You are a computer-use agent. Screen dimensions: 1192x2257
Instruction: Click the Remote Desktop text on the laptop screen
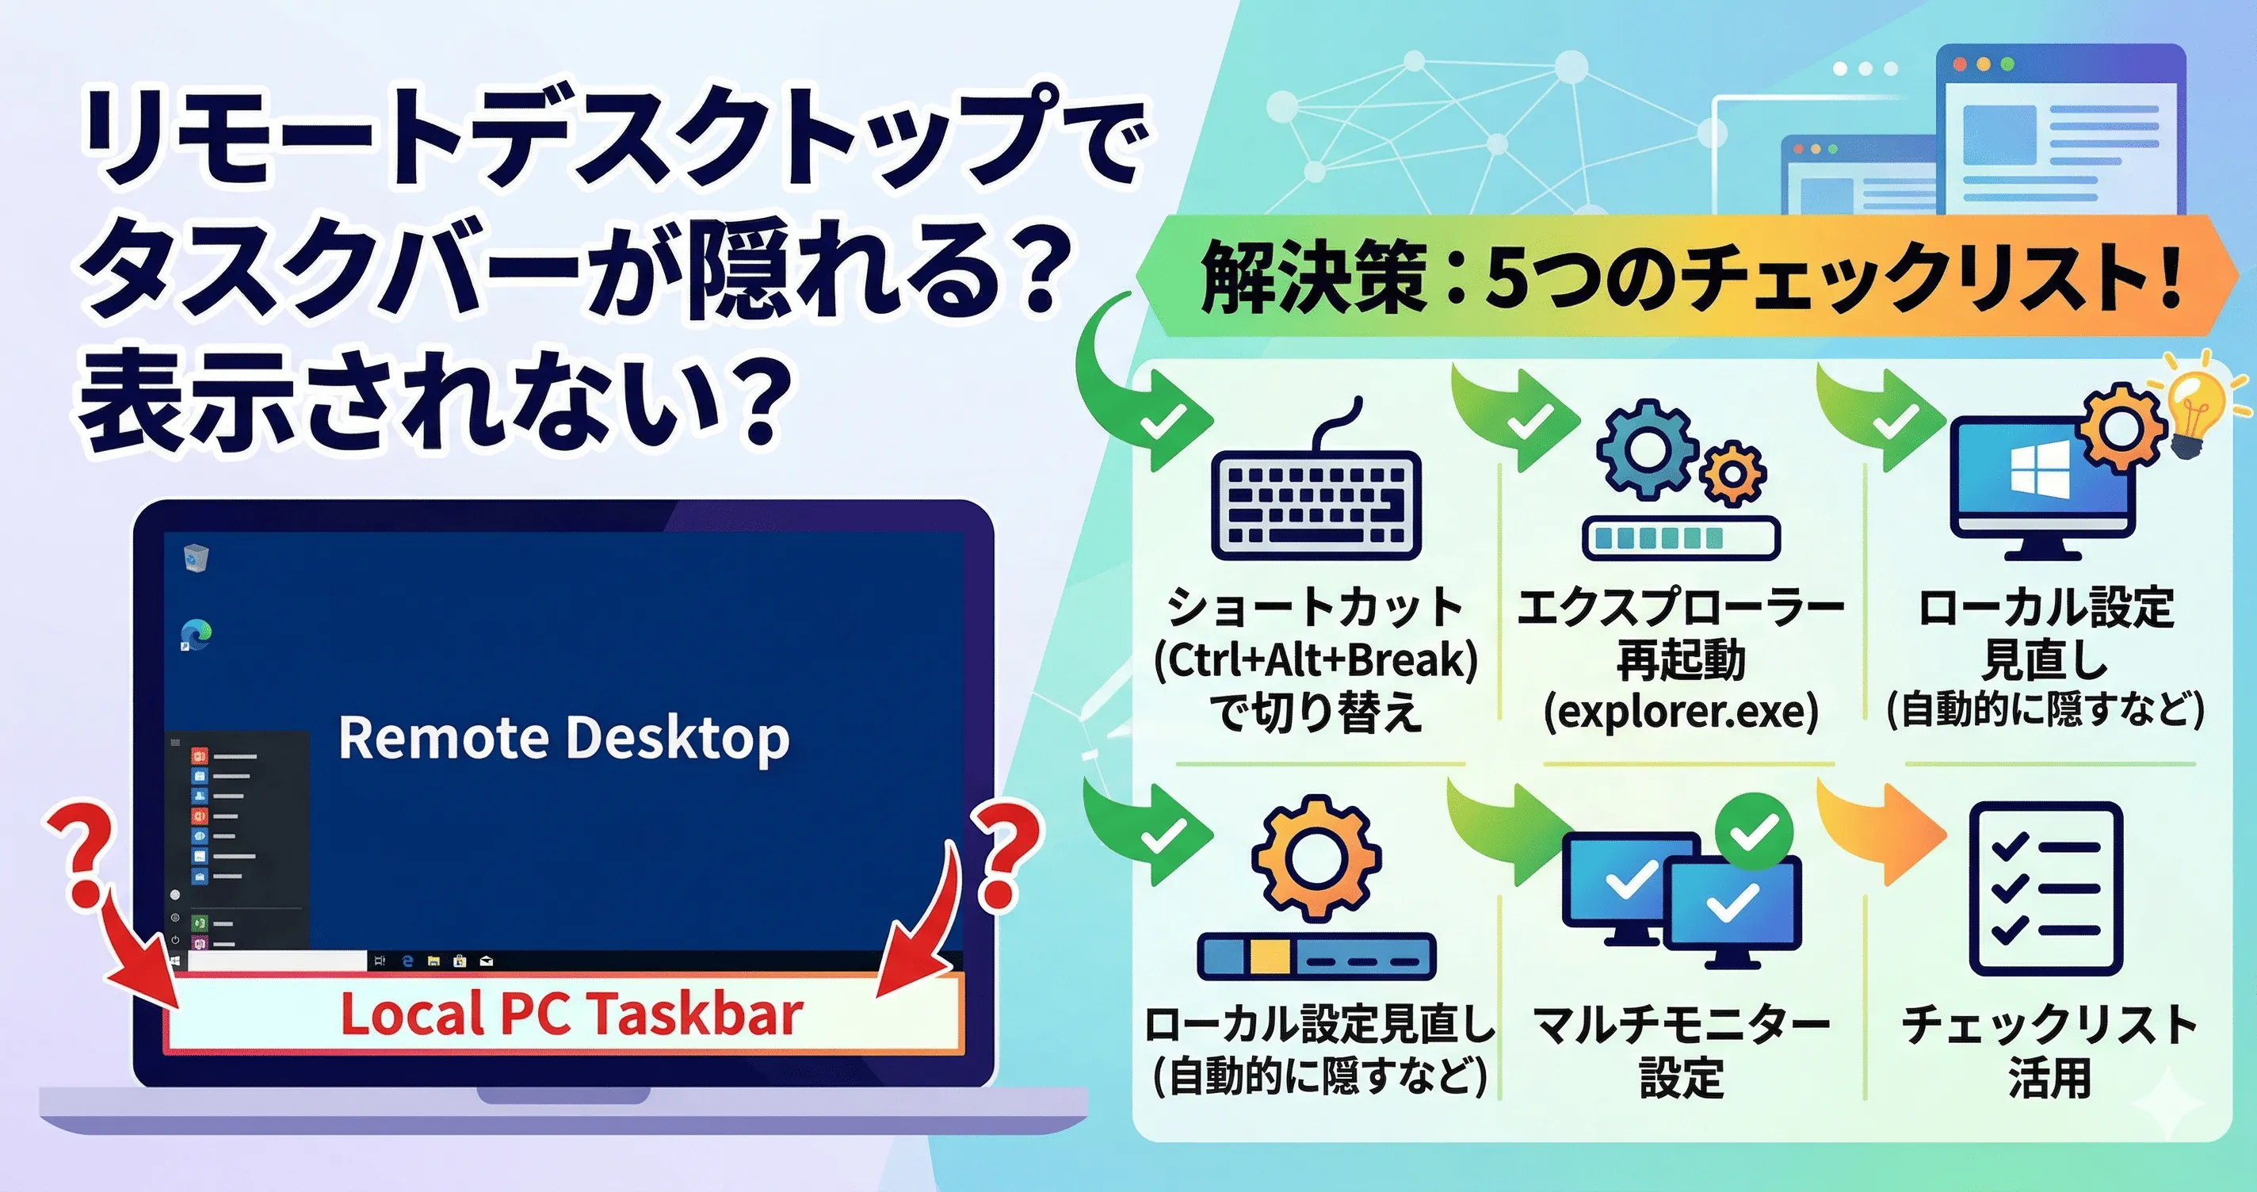563,738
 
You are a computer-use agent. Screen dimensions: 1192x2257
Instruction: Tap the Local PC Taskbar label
571,1014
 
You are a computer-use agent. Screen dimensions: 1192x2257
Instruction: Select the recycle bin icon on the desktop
197,557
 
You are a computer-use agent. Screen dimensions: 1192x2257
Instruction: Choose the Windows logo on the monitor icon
2040,469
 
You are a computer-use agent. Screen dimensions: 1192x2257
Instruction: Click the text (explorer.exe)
1681,712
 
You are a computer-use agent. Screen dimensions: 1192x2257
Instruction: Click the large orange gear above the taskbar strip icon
1316,858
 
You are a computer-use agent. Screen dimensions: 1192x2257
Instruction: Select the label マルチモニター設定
1681,1049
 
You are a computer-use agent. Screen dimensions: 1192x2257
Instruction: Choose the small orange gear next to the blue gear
1732,474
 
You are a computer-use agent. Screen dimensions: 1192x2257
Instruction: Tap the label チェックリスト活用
2049,1049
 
